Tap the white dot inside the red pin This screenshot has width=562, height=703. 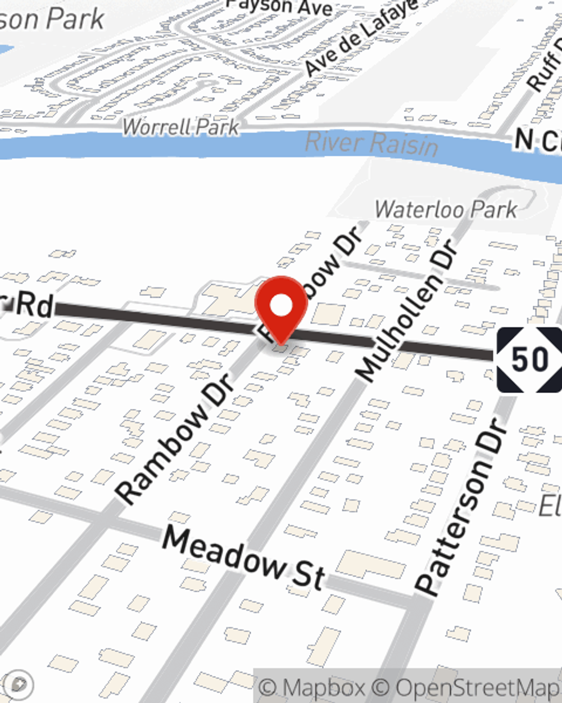pos(282,306)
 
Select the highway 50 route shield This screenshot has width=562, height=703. pos(529,360)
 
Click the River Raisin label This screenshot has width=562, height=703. pos(371,143)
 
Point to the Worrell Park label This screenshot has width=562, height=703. pos(181,127)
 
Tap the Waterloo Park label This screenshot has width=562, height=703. pos(446,210)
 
